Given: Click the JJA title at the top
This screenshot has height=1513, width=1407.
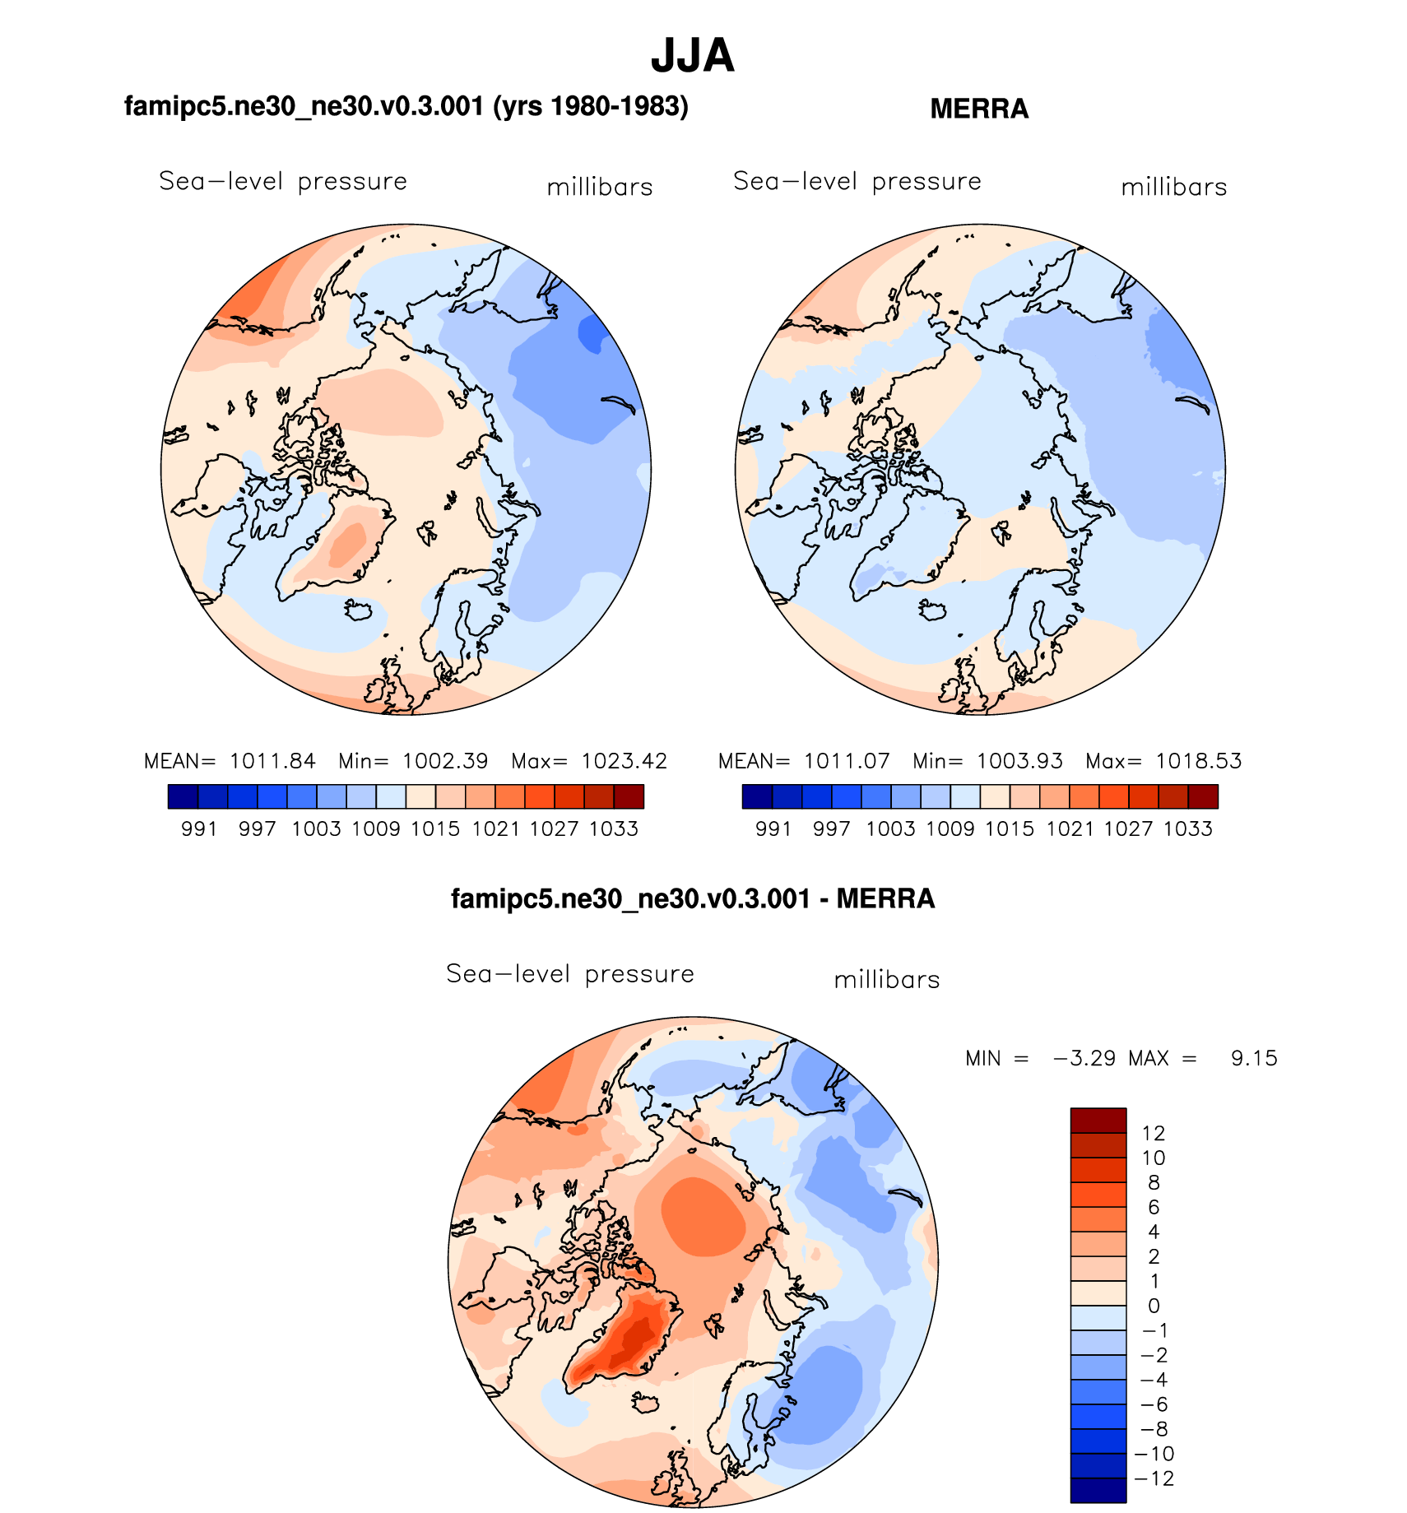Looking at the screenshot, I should pyautogui.click(x=692, y=56).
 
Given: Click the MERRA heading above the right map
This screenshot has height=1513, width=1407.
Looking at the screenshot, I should pyautogui.click(x=978, y=109).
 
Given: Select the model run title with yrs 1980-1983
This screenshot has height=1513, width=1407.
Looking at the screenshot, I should pyautogui.click(x=406, y=106).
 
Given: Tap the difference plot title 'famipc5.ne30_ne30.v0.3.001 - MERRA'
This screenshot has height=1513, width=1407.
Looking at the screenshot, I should pyautogui.click(x=693, y=898).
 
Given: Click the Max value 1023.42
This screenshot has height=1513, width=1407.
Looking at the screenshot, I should pyautogui.click(x=624, y=761).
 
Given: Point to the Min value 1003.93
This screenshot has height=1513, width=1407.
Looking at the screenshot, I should pyautogui.click(x=1019, y=761).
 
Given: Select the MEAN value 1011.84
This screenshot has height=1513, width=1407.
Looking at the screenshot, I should pyautogui.click(x=272, y=761).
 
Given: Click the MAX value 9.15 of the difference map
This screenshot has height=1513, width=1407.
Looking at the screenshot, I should pyautogui.click(x=1254, y=1058).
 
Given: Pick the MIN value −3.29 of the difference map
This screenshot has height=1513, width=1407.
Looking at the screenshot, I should pyautogui.click(x=1084, y=1058).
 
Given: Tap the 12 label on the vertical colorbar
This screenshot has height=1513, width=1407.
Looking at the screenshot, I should pyautogui.click(x=1154, y=1133).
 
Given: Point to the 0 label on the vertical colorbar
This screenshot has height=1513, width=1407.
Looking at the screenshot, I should pyautogui.click(x=1154, y=1306).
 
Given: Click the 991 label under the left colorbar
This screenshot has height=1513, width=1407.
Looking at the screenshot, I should pyautogui.click(x=198, y=828).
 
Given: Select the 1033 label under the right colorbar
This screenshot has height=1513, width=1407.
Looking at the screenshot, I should pyautogui.click(x=1187, y=828).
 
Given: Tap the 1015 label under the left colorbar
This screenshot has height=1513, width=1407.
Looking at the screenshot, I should pyautogui.click(x=435, y=828).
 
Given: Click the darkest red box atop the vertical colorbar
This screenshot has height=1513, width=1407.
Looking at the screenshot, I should pyautogui.click(x=1098, y=1121).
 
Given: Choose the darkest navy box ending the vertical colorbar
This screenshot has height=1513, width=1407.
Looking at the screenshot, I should pyautogui.click(x=1098, y=1490).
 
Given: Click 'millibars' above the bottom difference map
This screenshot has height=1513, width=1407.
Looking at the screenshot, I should pyautogui.click(x=886, y=980).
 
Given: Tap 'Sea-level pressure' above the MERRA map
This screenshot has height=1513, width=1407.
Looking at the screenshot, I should pyautogui.click(x=857, y=181).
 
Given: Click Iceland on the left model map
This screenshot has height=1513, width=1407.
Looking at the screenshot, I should pyautogui.click(x=360, y=610).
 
